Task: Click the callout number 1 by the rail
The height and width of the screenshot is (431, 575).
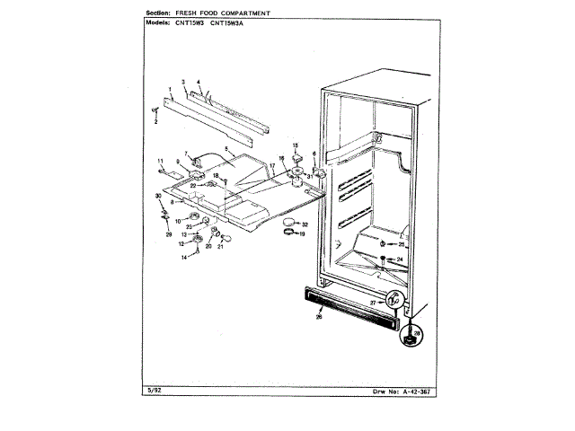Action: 169,89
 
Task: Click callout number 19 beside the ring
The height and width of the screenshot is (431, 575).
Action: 302,234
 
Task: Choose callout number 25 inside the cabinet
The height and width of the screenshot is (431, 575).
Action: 402,244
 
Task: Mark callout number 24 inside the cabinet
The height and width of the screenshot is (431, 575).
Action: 401,259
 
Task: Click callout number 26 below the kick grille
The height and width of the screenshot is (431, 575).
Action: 319,315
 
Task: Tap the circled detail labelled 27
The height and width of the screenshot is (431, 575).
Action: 393,303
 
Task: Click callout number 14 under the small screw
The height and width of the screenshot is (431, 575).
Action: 183,257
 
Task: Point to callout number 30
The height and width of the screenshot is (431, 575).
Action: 159,196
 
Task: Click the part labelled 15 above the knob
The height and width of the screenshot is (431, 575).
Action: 296,147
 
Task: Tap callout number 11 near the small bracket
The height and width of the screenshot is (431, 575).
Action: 161,162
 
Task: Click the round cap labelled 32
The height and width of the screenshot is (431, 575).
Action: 287,222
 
